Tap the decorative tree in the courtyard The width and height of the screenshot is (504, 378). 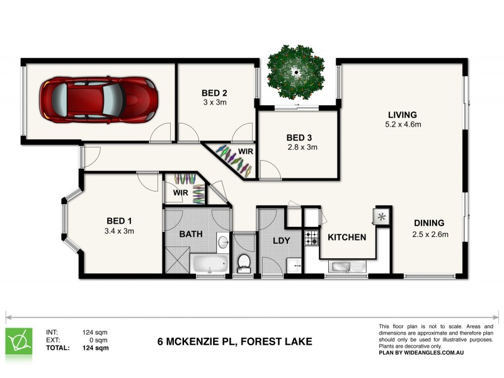click(296, 71)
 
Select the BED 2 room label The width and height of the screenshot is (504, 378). click(214, 92)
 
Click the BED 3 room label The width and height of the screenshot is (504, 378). click(299, 137)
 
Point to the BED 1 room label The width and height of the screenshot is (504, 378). click(119, 220)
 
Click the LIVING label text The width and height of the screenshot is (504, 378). click(402, 115)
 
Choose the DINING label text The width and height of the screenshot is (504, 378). click(429, 223)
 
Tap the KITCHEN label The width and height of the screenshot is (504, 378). click(346, 238)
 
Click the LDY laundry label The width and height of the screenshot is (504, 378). click(280, 241)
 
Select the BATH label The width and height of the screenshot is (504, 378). click(191, 234)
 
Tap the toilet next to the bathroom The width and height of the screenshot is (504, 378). click(244, 264)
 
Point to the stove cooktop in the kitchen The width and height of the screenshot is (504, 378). click(312, 238)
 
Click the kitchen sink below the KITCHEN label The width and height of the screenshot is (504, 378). click(345, 266)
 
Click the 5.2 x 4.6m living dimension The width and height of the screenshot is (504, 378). click(403, 125)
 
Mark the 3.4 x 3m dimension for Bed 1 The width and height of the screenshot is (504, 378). click(120, 231)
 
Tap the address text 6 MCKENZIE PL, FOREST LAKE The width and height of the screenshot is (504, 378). click(234, 343)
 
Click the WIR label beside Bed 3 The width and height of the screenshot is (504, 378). click(246, 152)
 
